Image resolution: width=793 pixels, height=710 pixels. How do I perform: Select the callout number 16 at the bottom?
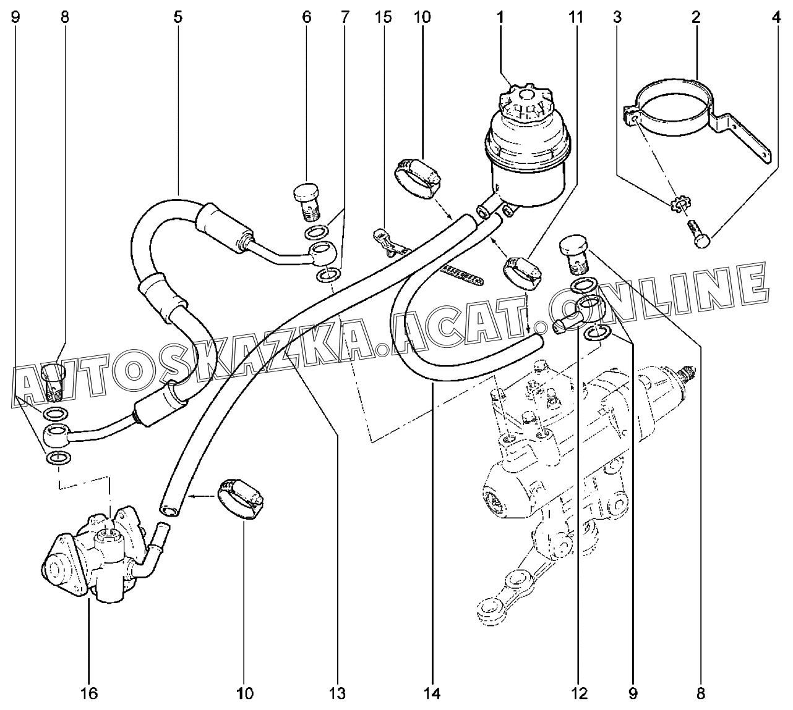click(x=89, y=693)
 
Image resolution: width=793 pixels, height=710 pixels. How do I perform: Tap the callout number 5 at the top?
click(x=178, y=17)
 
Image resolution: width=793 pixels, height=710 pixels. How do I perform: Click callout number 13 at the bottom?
click(x=338, y=693)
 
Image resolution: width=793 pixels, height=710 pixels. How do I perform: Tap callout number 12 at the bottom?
click(x=580, y=693)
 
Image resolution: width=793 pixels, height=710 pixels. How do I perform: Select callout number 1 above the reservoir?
click(x=499, y=17)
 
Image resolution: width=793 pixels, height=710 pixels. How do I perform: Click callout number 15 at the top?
click(x=383, y=17)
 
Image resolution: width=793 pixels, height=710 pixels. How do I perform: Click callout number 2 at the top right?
click(x=696, y=17)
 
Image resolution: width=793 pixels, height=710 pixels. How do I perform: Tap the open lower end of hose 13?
click(x=168, y=507)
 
